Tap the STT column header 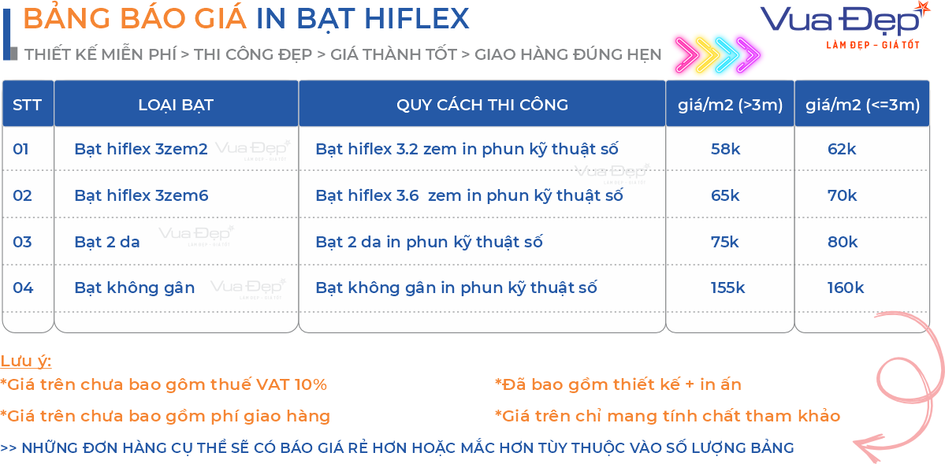click(28, 105)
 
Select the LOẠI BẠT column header click(176, 105)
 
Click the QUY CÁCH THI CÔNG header click(482, 105)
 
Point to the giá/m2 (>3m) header click(730, 105)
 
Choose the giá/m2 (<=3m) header click(862, 105)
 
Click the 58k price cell click(725, 149)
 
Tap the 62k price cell click(842, 149)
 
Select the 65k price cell click(725, 195)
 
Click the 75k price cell click(725, 242)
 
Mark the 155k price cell click(727, 288)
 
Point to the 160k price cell click(845, 288)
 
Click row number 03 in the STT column click(23, 242)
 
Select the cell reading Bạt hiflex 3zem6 click(141, 195)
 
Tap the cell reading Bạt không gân click(135, 288)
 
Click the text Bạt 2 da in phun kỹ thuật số click(429, 242)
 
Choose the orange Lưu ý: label click(26, 361)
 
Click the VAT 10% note click(163, 384)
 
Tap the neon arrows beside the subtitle click(716, 53)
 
